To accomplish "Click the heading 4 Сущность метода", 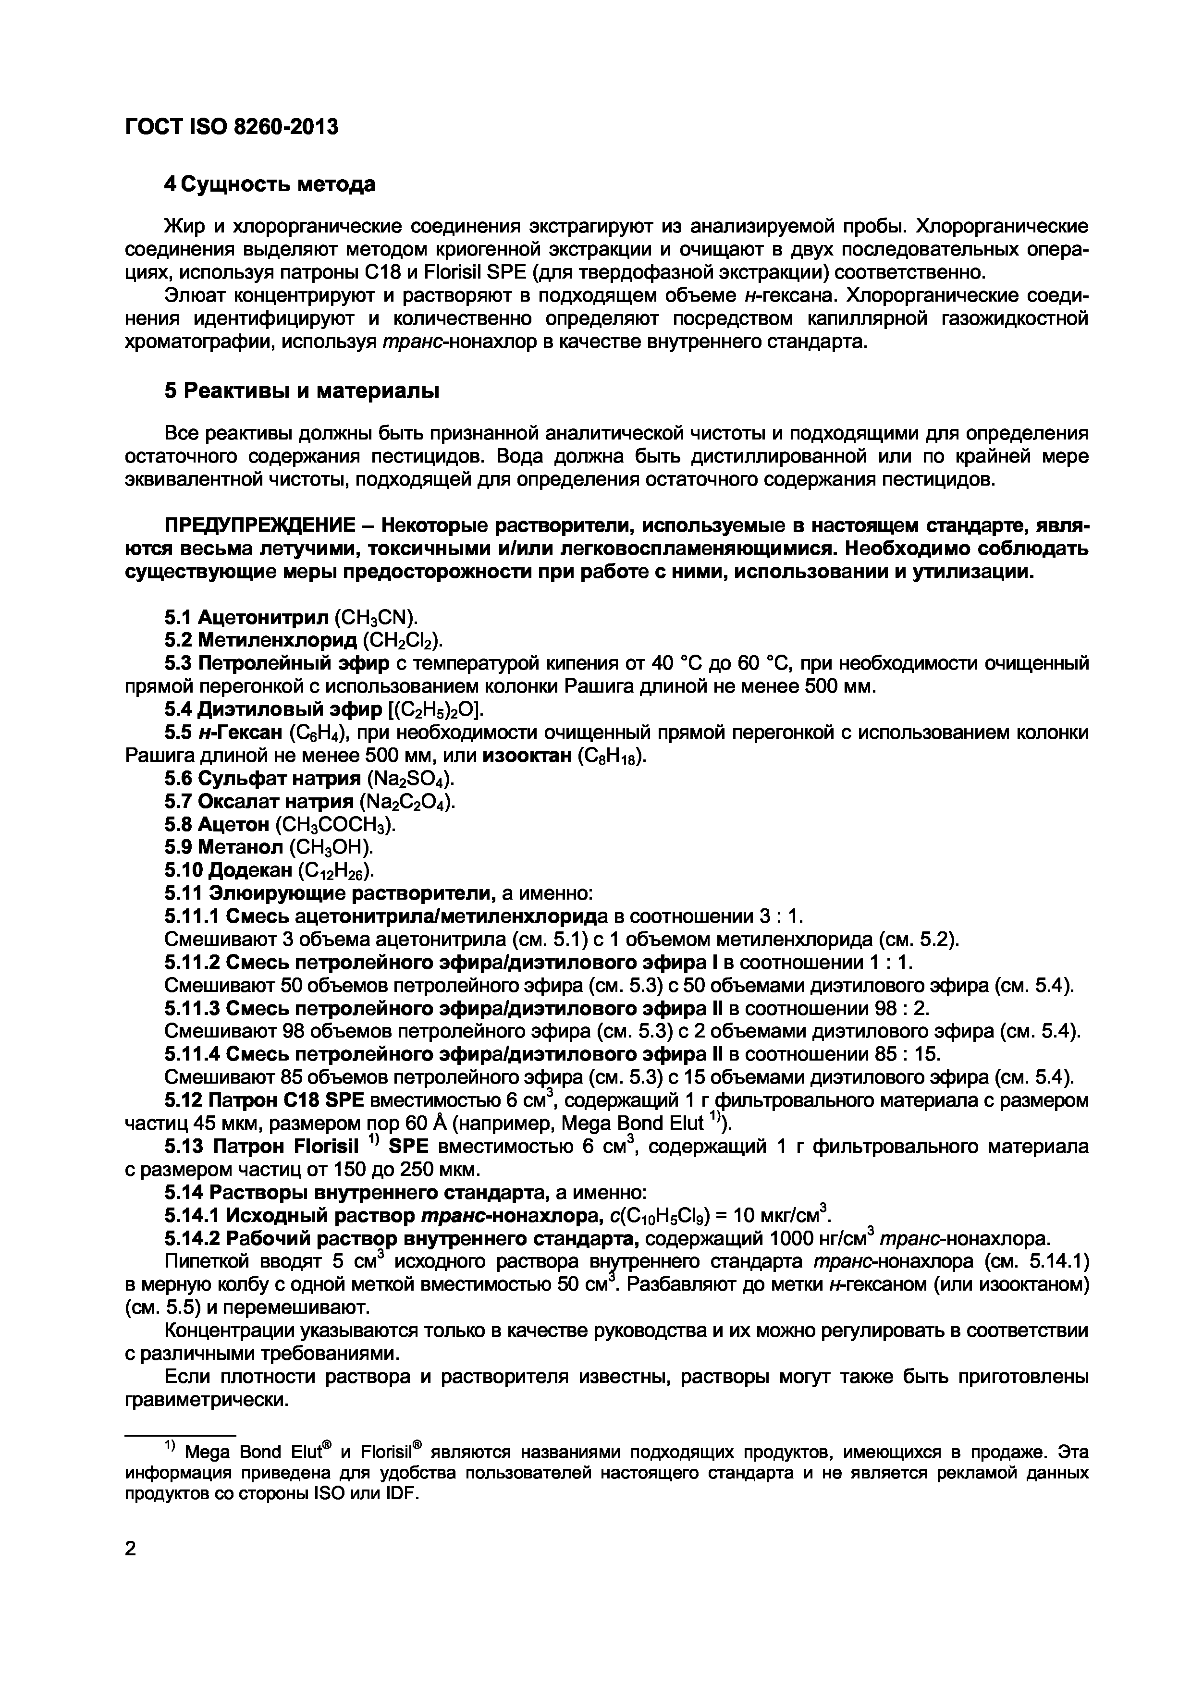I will point(270,184).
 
